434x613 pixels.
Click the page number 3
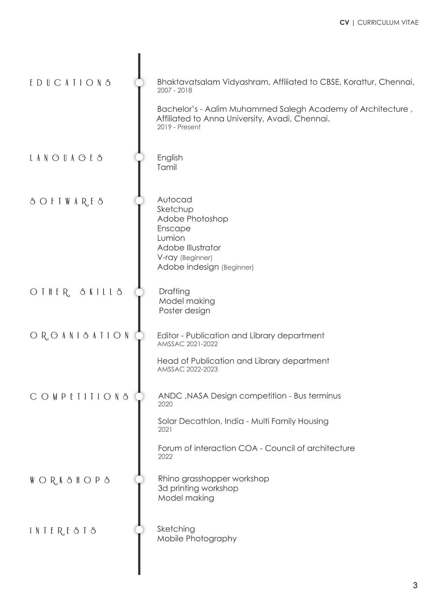pos(415,586)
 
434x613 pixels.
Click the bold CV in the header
pos(344,23)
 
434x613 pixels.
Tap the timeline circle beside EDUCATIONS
pos(139,83)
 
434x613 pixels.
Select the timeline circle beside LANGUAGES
pos(139,157)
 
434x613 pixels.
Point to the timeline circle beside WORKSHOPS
pos(139,479)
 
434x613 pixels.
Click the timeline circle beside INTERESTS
pos(139,529)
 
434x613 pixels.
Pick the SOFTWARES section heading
pos(67,202)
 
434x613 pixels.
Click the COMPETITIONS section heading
pos(79,397)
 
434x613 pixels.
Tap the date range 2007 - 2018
pos(174,90)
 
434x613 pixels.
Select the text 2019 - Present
pos(179,127)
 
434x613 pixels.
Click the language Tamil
pos(167,168)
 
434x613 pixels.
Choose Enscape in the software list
pos(174,229)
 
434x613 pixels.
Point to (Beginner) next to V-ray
pos(196,258)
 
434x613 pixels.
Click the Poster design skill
pos(184,311)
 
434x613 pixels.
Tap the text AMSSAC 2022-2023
pos(187,369)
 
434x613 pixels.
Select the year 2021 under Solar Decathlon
pos(165,430)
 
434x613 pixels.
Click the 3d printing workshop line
pos(198,488)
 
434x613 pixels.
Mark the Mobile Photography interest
pos(196,539)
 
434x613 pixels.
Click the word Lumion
pos(171,238)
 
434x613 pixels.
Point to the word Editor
pos(168,336)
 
